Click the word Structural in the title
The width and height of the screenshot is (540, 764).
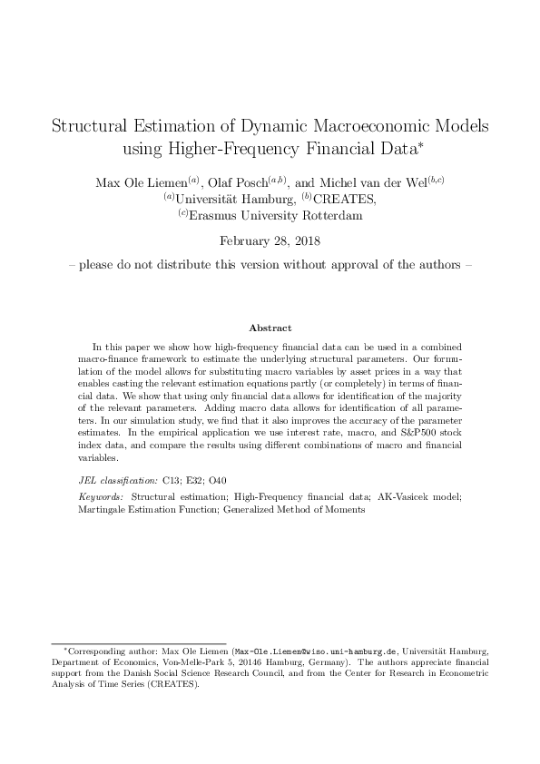pos(93,126)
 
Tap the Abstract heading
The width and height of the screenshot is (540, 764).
pos(270,328)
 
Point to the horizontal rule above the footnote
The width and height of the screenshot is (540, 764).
pos(137,642)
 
